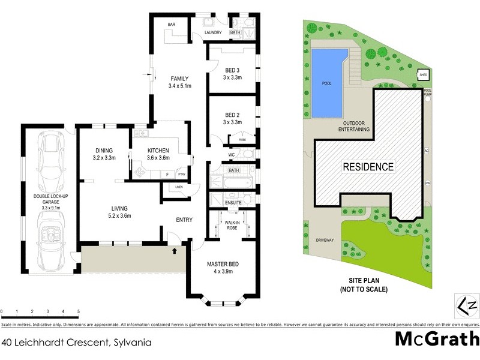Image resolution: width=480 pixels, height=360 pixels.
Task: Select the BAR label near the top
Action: point(171,25)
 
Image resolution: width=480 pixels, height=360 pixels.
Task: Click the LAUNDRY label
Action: point(213,32)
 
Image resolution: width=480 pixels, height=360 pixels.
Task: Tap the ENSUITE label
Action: point(233,203)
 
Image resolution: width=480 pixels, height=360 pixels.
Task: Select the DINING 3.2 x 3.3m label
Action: point(105,154)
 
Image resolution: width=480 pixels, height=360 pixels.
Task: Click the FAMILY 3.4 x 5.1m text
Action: point(179,82)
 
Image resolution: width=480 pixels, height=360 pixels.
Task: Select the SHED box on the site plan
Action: point(424,75)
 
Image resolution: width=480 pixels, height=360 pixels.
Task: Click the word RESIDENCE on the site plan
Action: point(368,167)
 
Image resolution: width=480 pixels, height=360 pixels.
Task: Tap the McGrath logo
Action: point(436,340)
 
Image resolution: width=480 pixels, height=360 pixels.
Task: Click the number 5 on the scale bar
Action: point(79,312)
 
